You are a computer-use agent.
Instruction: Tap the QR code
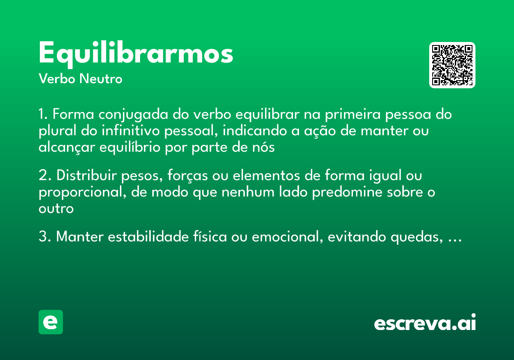452,65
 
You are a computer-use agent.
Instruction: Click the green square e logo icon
51,322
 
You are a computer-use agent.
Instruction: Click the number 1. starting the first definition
44,115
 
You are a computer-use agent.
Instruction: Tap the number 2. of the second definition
45,176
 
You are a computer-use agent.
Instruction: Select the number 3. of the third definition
45,237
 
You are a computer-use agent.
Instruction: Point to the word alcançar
67,148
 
